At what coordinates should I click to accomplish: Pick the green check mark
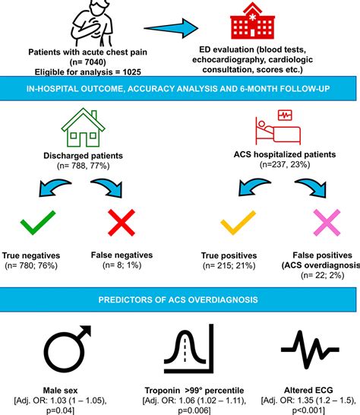tap(36, 224)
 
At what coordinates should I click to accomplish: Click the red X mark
tap(121, 225)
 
